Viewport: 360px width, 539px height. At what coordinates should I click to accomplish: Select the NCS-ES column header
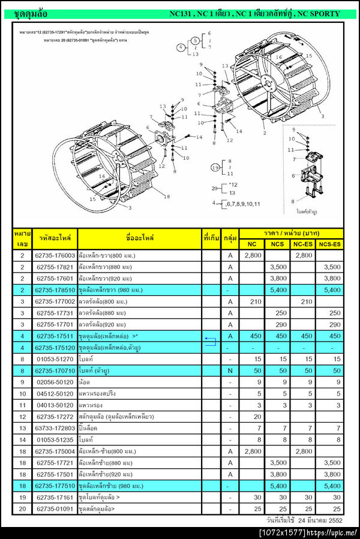coord(329,244)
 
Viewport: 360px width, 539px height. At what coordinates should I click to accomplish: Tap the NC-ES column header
coord(303,244)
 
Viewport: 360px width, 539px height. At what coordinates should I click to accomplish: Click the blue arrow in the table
coord(210,342)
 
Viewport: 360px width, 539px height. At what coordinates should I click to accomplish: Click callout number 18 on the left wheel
coord(167,196)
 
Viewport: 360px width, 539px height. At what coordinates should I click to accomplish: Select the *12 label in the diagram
coord(234,184)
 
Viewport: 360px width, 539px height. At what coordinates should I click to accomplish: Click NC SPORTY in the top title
coord(319,13)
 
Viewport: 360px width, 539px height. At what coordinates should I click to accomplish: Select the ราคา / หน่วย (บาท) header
coord(290,233)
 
